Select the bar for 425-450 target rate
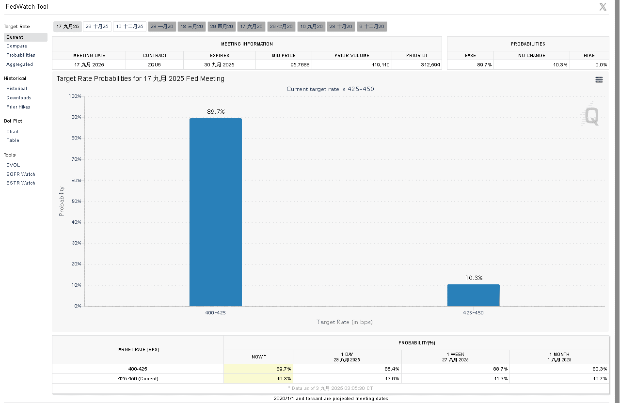[473, 295]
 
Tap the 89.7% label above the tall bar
[216, 112]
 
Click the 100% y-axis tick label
[75, 96]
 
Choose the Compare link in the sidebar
[16, 46]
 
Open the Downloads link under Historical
[18, 98]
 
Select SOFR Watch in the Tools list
[21, 174]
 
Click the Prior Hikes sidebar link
[18, 107]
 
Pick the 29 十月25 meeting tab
[97, 27]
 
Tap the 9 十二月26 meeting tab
[372, 27]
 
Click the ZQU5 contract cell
[155, 65]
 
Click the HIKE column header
[589, 56]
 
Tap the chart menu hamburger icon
[599, 80]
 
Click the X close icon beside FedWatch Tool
[603, 7]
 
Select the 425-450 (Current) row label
[138, 379]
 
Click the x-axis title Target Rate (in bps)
[344, 322]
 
